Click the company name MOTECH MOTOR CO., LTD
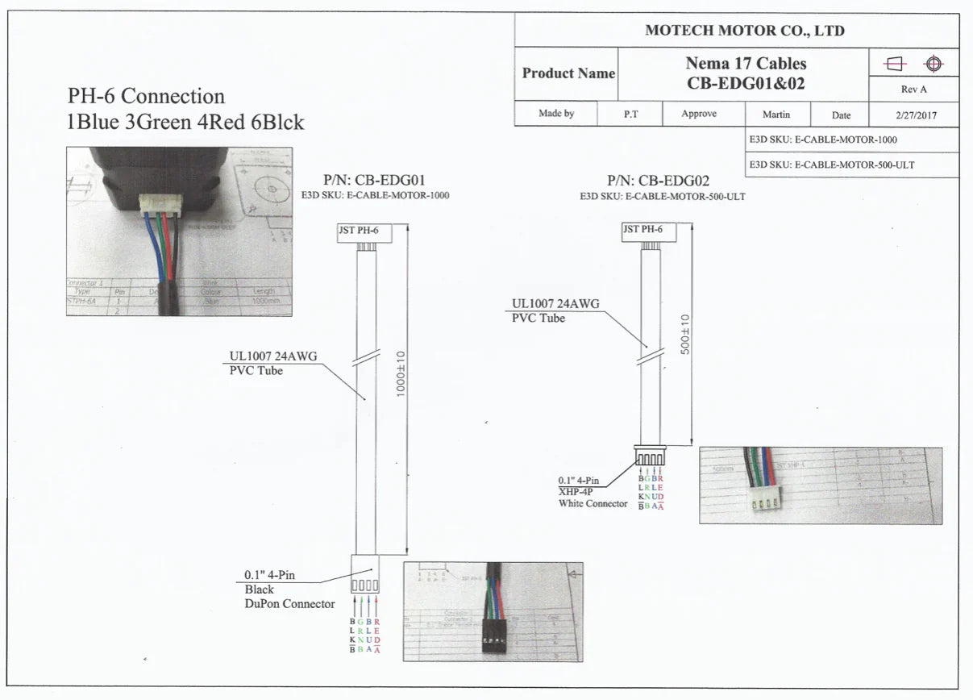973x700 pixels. coord(744,31)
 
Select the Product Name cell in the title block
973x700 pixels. coord(568,73)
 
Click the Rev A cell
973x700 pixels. coord(913,90)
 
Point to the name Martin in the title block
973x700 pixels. coord(775,115)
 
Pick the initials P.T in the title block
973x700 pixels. coord(630,115)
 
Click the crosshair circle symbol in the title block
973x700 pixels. coord(933,64)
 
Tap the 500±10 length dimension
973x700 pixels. coord(685,336)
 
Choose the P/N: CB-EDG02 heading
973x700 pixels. coord(658,181)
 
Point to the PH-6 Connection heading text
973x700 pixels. coord(146,96)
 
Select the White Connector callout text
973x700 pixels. coord(593,503)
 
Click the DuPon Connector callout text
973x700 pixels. coord(289,603)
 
